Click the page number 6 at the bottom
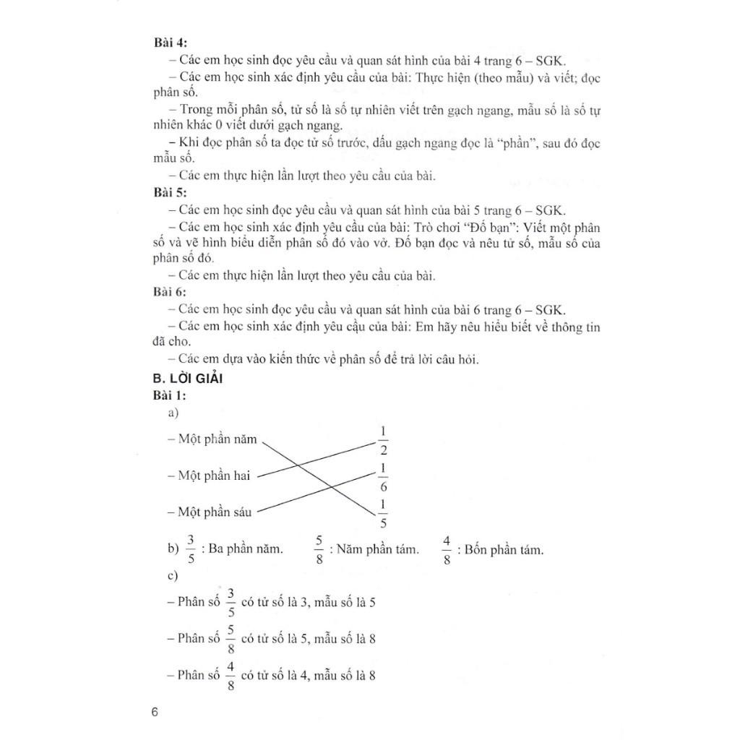point(155,712)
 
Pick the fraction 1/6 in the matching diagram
point(383,477)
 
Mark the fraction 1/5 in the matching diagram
point(383,514)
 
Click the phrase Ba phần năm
point(244,549)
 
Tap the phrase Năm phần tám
point(377,550)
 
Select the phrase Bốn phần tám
point(504,550)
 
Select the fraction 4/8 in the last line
point(231,676)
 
